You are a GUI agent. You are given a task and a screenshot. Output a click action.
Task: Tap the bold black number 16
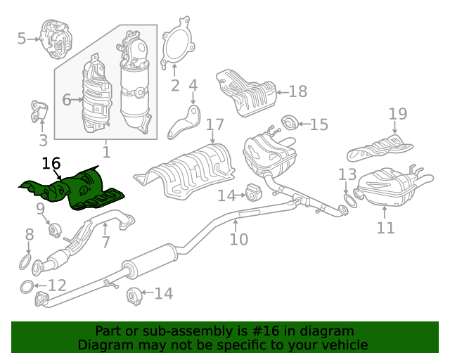(x=51, y=163)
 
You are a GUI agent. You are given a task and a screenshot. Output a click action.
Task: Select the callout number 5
(x=22, y=39)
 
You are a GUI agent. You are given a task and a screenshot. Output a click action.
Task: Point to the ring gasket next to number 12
(x=27, y=287)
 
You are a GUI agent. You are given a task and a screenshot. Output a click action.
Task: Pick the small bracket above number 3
(x=39, y=111)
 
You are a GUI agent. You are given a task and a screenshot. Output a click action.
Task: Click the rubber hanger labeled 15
(x=289, y=122)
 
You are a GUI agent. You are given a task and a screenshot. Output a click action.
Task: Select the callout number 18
(x=298, y=91)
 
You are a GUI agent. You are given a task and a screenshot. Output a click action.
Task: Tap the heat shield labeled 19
(x=380, y=148)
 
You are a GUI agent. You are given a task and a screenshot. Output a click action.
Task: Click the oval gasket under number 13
(x=350, y=200)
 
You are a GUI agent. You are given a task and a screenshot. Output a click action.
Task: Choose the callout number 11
(x=385, y=227)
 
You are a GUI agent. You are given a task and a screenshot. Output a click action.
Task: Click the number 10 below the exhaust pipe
(x=239, y=239)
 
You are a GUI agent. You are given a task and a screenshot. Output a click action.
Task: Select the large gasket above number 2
(x=178, y=41)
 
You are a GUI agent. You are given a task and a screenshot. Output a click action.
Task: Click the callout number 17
(x=214, y=124)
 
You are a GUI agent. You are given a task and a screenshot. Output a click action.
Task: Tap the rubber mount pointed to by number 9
(x=55, y=230)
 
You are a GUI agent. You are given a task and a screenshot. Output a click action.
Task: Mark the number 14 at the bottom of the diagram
(x=164, y=293)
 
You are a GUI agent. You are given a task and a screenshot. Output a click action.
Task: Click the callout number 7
(x=106, y=242)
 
